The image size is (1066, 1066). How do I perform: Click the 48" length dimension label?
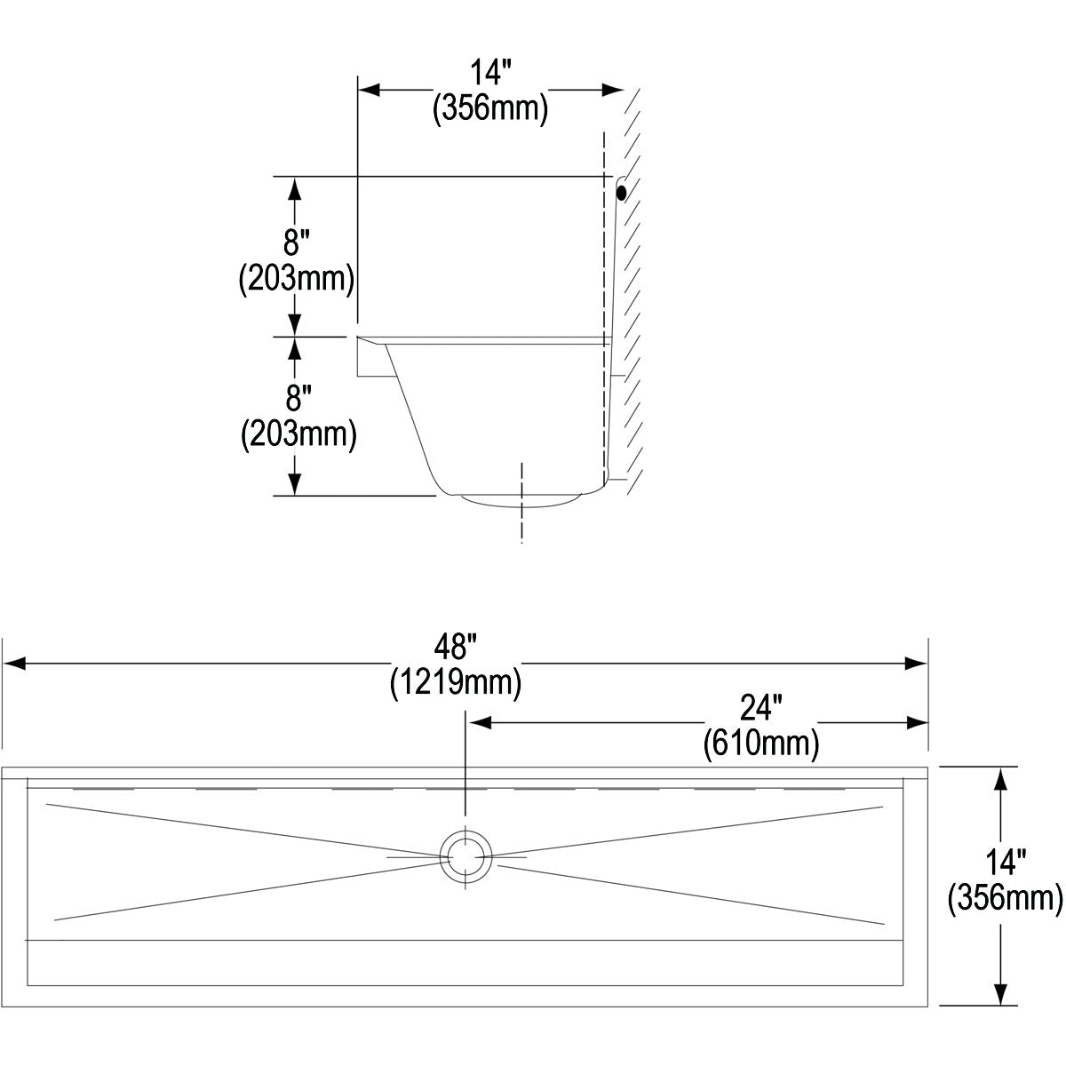tap(456, 647)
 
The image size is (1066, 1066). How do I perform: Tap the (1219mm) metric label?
tap(456, 682)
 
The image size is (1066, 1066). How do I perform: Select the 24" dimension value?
tap(761, 707)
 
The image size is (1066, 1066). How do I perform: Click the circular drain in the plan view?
tap(465, 857)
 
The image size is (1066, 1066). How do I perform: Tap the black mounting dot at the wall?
tap(621, 193)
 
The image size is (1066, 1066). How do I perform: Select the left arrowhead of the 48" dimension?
tap(14, 664)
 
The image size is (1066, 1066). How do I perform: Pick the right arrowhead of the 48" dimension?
tap(916, 664)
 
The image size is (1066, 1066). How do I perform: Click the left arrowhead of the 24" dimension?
tap(481, 722)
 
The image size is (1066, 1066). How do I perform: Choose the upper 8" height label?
tap(296, 243)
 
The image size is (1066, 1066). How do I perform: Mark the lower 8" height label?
tap(298, 398)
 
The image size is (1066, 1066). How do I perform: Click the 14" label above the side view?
tap(490, 73)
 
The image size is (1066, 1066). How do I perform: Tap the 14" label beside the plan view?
tap(1006, 863)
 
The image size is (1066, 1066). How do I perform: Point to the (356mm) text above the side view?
tap(490, 107)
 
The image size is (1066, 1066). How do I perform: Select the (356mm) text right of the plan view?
tap(1005, 897)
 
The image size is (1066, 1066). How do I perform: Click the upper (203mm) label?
tap(297, 278)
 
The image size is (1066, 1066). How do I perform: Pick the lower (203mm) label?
tap(298, 434)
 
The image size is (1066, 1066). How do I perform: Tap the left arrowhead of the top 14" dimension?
tap(369, 90)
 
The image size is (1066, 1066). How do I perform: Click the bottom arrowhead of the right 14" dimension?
tap(1000, 993)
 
